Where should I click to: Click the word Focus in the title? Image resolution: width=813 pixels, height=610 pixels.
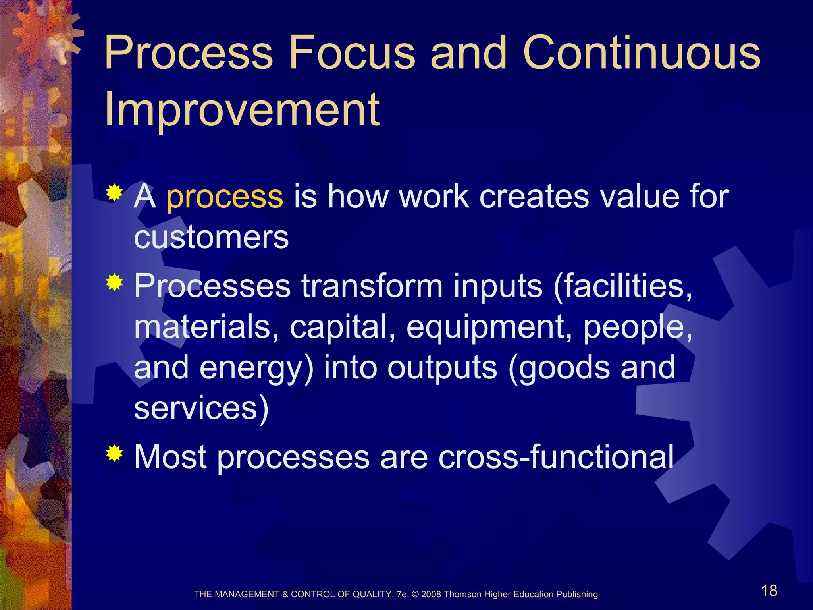tap(351, 52)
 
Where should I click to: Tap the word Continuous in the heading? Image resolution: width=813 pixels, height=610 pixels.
tap(641, 52)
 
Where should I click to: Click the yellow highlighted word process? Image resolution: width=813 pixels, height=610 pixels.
tap(224, 197)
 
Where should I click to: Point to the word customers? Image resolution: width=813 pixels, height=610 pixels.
tap(211, 238)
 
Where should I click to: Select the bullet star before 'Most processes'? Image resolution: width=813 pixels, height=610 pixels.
tap(114, 454)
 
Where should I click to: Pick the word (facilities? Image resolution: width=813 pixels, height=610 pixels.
tap(622, 287)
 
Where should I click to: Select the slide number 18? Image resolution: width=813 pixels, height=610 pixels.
tap(769, 591)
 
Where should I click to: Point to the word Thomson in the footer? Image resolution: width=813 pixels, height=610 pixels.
tap(462, 595)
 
